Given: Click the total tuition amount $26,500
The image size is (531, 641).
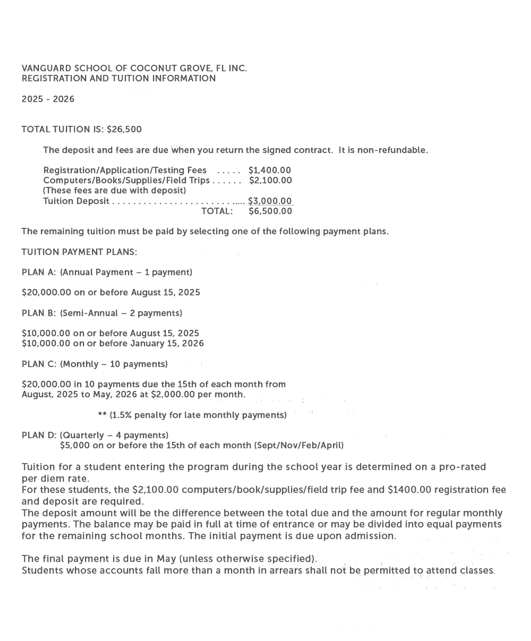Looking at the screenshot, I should pyautogui.click(x=124, y=130).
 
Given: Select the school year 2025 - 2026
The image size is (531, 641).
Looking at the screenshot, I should pyautogui.click(x=48, y=99).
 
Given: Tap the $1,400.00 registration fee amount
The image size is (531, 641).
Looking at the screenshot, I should pyautogui.click(x=270, y=170).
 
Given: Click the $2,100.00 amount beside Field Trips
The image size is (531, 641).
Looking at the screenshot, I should pyautogui.click(x=270, y=181).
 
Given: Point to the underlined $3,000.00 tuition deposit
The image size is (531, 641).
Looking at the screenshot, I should pyautogui.click(x=270, y=201).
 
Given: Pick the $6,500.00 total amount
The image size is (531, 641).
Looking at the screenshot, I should pyautogui.click(x=270, y=211).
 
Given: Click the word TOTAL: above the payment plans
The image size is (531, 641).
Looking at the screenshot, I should pyautogui.click(x=217, y=211).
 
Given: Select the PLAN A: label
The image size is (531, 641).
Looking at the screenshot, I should pyautogui.click(x=39, y=272).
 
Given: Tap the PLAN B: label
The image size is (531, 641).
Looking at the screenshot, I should pyautogui.click(x=39, y=313).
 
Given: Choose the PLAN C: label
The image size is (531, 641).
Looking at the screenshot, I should pyautogui.click(x=39, y=364).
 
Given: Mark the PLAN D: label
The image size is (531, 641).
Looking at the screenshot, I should pyautogui.click(x=39, y=435).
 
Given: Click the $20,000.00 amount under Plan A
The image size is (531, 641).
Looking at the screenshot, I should pyautogui.click(x=46, y=293).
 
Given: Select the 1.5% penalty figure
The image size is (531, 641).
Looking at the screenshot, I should pyautogui.click(x=121, y=415).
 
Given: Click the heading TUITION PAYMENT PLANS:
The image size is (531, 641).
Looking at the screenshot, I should pyautogui.click(x=79, y=252).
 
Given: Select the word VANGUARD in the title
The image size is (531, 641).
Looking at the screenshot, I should pyautogui.click(x=46, y=69).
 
